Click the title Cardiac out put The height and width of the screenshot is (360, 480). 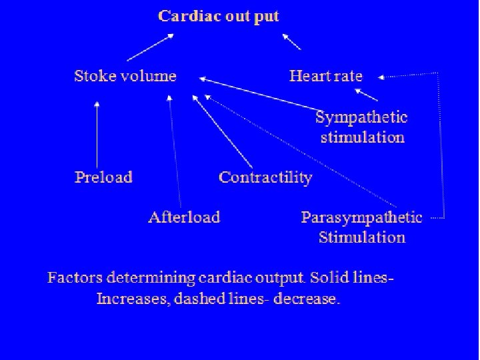pos(218,16)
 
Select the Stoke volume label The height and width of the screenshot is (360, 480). pos(125,75)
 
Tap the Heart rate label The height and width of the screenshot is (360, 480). pos(325,75)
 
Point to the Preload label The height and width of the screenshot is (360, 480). pos(103,177)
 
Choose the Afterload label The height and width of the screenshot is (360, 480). pos(184,217)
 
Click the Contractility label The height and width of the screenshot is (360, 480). pos(265,177)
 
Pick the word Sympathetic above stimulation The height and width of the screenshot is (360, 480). pos(361,118)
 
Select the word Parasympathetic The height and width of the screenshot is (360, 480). pos(361,217)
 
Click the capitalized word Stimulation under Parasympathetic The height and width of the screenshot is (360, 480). pos(361,237)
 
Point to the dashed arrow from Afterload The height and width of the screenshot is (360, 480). pos(174,150)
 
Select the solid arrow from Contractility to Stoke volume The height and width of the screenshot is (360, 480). pos(223,132)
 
